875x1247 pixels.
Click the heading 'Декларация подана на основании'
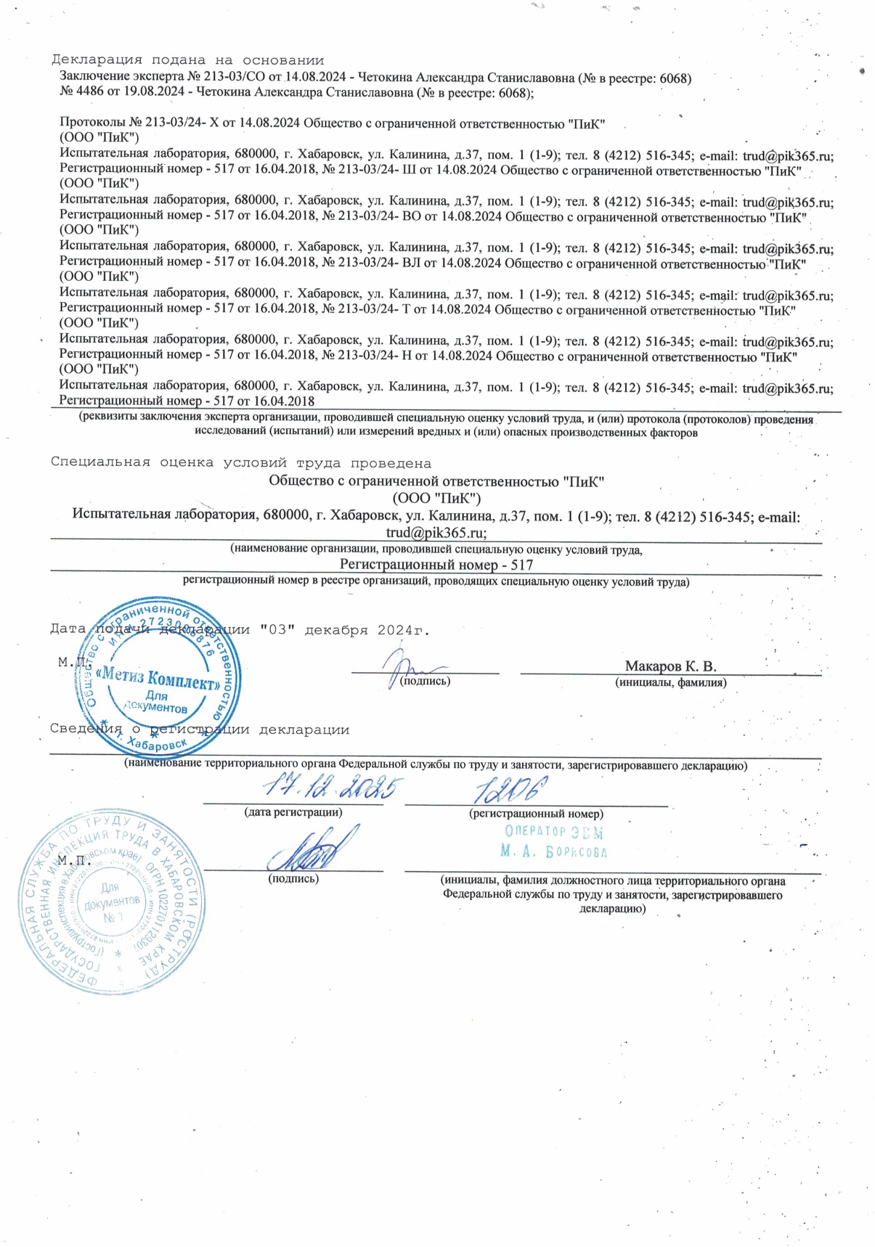pos(187,60)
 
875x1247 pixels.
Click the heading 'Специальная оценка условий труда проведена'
pos(240,463)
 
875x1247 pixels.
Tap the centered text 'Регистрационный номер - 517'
pos(436,565)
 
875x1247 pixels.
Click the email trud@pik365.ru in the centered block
pos(436,532)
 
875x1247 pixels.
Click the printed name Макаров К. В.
pos(670,666)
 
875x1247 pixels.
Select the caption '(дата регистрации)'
pos(293,812)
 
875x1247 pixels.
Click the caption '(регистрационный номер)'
pos(536,814)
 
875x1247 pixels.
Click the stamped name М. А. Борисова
pos(553,851)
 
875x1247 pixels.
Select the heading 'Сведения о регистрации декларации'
pos(200,729)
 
